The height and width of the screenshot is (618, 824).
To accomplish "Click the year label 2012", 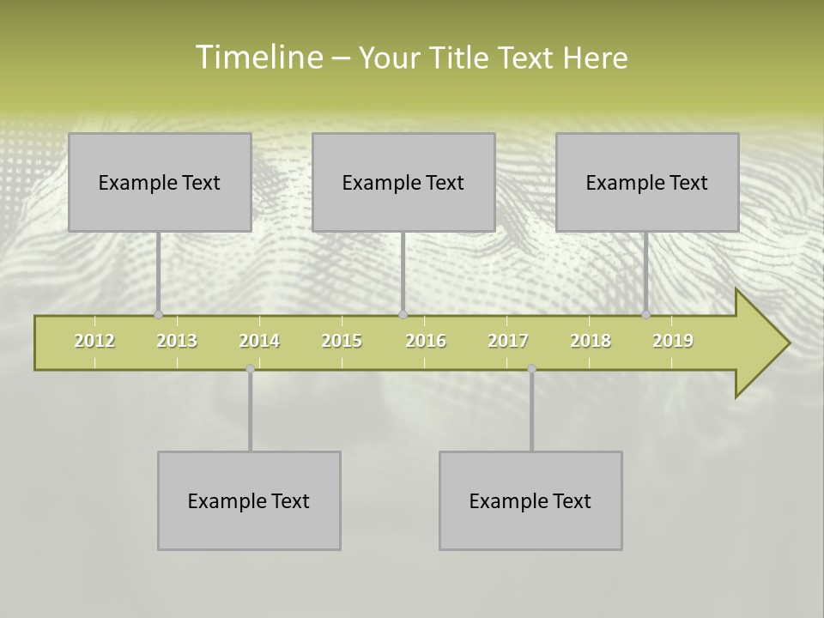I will [x=94, y=341].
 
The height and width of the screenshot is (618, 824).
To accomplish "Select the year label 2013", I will [x=177, y=341].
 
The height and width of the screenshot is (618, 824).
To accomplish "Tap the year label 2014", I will [x=259, y=341].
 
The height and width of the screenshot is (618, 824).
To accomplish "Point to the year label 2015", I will [x=342, y=341].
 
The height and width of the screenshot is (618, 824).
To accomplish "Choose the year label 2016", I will [x=426, y=341].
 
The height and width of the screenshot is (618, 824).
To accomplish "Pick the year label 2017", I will [x=508, y=341].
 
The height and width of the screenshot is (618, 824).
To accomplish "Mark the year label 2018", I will [x=591, y=341].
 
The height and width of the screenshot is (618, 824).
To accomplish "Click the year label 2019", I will [x=673, y=341].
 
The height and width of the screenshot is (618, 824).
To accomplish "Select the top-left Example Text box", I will [x=160, y=182].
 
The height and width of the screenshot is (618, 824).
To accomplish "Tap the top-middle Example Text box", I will [x=403, y=182].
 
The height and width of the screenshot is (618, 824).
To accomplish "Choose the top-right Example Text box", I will [x=647, y=182].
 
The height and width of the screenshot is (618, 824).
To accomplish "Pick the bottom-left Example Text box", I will [x=249, y=500].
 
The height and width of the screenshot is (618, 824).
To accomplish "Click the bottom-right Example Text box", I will [x=530, y=500].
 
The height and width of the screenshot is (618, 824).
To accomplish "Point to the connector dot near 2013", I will [x=158, y=314].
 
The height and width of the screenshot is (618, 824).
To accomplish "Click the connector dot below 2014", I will [x=251, y=368].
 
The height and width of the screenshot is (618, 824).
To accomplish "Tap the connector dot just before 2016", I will [x=403, y=314].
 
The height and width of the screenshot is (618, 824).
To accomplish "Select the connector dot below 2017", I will [x=531, y=368].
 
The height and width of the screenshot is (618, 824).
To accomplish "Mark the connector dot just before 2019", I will [x=646, y=314].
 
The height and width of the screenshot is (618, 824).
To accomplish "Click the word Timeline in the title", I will [x=258, y=58].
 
